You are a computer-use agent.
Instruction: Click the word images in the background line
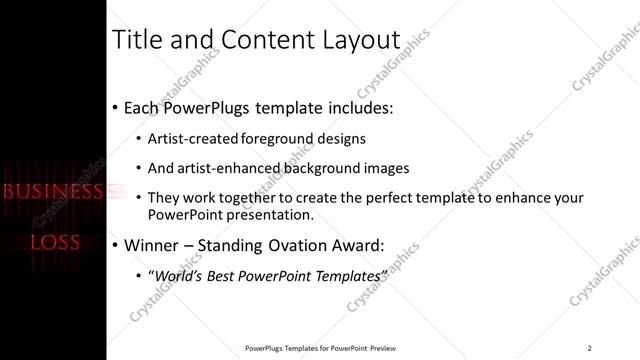click(383, 168)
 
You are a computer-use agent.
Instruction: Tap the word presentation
click(270, 214)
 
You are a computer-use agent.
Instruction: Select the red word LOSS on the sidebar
click(54, 242)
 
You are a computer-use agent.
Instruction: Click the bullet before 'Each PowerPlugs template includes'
click(116, 107)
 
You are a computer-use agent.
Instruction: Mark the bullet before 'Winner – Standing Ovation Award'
click(116, 245)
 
